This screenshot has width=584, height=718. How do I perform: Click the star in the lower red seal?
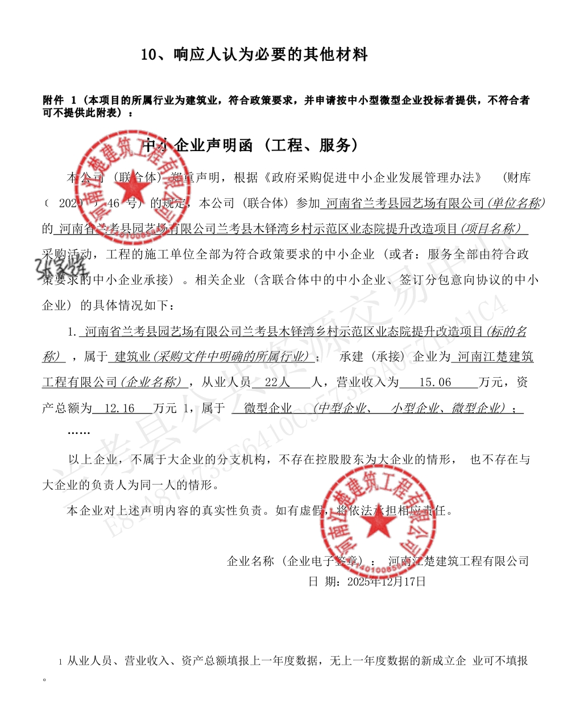(376, 525)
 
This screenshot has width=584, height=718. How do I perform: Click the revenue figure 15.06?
(434, 382)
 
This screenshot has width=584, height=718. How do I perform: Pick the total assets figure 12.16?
(119, 408)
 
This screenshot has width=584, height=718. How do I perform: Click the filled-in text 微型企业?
(267, 408)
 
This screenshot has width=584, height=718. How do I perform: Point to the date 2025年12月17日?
(386, 582)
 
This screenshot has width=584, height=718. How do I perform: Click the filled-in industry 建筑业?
(131, 357)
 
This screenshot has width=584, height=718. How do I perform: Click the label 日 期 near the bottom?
(325, 582)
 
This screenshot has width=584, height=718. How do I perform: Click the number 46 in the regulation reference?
(114, 203)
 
